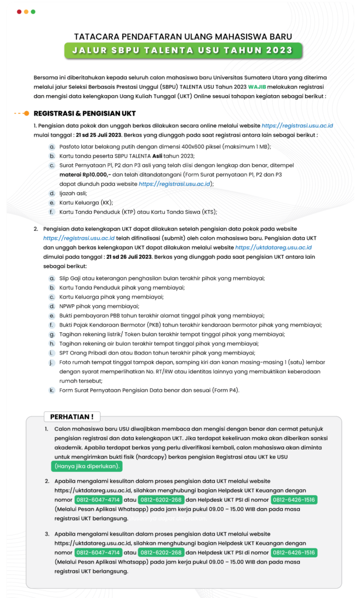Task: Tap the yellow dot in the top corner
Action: (x=26, y=12)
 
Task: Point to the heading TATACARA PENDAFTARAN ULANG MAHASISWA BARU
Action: (x=183, y=36)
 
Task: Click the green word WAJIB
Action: (x=259, y=86)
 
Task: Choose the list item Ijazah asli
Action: (x=75, y=193)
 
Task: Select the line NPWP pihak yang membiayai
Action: (x=91, y=305)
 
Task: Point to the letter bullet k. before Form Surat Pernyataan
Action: (x=52, y=390)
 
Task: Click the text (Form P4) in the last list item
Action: (x=226, y=390)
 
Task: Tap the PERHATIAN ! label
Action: (x=72, y=417)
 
